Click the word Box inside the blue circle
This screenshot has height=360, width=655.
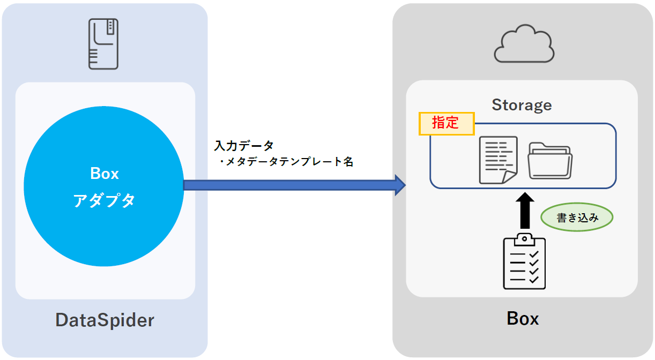click(105, 174)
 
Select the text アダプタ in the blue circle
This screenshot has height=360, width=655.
click(105, 200)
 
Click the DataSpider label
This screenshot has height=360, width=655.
click(105, 320)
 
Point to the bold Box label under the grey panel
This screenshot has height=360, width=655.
click(523, 319)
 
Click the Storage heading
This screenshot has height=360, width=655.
click(522, 105)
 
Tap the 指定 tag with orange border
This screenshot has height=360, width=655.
click(446, 123)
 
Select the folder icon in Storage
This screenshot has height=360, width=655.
click(550, 160)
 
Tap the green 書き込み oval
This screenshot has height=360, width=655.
click(577, 218)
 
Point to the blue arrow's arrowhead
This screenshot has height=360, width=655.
click(399, 185)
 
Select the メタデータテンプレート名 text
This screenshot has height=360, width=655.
click(287, 162)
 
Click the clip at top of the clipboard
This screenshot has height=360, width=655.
click(524, 238)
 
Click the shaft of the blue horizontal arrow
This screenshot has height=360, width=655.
click(289, 185)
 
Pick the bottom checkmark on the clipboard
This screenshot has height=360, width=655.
click(534, 280)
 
